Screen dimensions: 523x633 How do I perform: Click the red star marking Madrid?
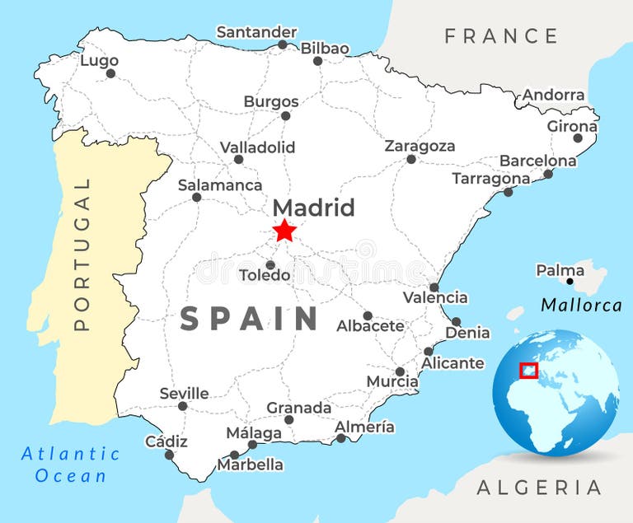click(x=284, y=231)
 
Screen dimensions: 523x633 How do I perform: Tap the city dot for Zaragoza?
click(x=411, y=159)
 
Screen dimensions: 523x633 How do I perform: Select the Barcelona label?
click(x=538, y=161)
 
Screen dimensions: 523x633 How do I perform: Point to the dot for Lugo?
click(x=111, y=73)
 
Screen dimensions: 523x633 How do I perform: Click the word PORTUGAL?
click(x=82, y=254)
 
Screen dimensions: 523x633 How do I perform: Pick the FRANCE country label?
click(x=501, y=36)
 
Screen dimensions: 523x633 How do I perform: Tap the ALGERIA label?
click(x=539, y=487)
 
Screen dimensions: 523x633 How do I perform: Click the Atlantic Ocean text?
click(x=70, y=465)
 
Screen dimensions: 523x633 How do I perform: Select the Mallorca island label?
click(x=581, y=306)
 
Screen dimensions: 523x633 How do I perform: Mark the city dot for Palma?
click(x=570, y=282)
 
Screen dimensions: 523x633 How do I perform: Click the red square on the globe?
click(x=528, y=371)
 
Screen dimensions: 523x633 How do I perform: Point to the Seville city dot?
click(x=183, y=406)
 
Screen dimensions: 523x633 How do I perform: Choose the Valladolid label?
click(x=257, y=147)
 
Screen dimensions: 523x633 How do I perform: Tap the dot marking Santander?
click(x=283, y=44)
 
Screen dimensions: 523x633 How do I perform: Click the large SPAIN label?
click(x=250, y=318)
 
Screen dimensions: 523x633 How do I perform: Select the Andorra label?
click(x=554, y=96)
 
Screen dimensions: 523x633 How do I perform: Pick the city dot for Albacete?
click(x=368, y=315)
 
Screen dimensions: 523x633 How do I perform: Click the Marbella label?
click(x=250, y=465)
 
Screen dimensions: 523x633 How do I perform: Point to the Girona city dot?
click(x=578, y=138)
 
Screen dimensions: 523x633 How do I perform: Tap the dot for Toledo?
click(x=270, y=265)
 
